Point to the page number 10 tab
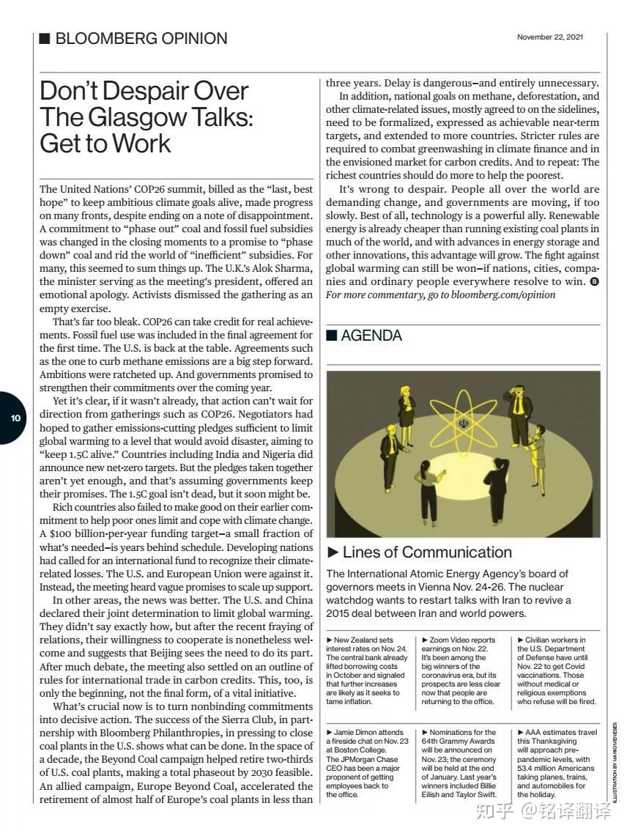click(15, 418)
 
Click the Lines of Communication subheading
click(427, 552)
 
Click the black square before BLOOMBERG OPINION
click(45, 39)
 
